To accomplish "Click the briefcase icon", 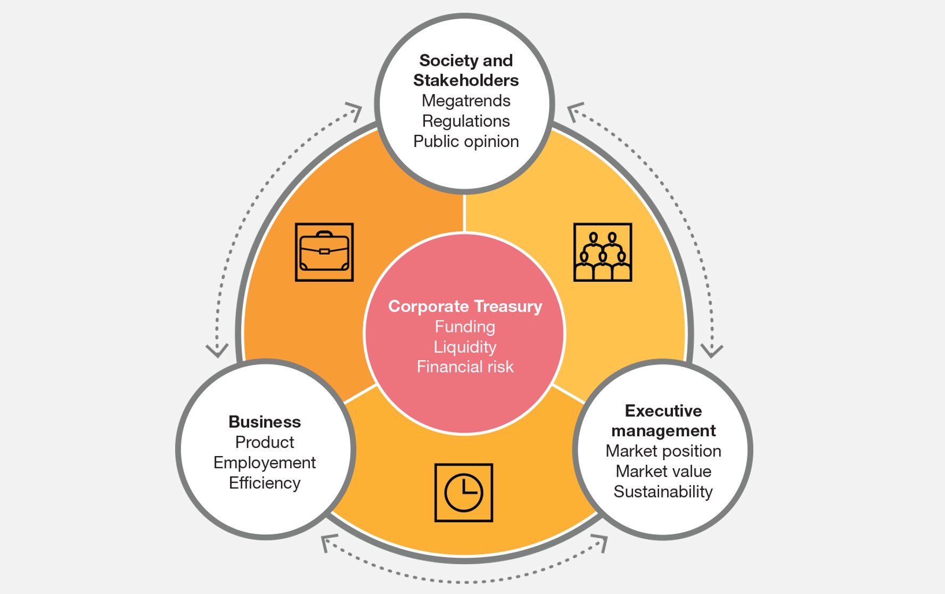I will (x=324, y=252).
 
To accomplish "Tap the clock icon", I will (x=463, y=493).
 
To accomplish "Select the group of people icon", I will (x=603, y=252).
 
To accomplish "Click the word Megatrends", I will (x=466, y=101).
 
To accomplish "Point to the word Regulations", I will (x=466, y=121).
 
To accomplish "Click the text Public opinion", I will (x=466, y=141).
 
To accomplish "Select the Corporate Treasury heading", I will (x=465, y=306).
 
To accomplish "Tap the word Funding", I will (x=465, y=327).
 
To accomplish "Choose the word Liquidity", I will (x=465, y=347).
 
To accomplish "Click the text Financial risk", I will (x=465, y=367).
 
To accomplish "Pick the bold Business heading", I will (x=265, y=422).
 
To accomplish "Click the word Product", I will (x=265, y=442).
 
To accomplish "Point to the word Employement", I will (x=265, y=462).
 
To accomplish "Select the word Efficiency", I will (x=265, y=483).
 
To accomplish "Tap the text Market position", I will (x=663, y=451).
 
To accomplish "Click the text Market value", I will (x=663, y=471).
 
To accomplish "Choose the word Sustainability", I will (x=663, y=492).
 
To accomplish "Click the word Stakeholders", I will (x=466, y=80).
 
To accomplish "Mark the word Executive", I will (x=663, y=411).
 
